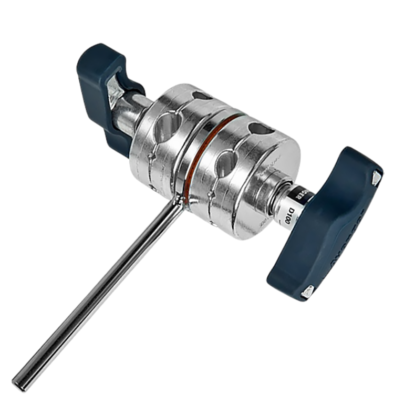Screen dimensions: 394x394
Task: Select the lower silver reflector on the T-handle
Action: (x=307, y=289)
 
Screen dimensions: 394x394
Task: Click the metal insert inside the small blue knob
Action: (x=117, y=84)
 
